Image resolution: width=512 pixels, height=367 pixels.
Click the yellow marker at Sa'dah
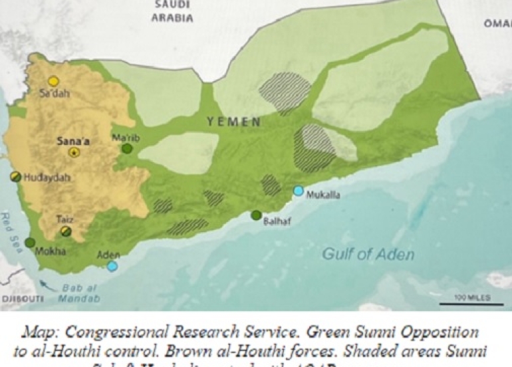[x=53, y=81]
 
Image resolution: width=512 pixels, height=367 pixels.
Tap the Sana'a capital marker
[x=74, y=152]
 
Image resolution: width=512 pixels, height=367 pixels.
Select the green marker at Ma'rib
[x=127, y=148]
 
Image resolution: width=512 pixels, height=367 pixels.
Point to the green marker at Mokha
[x=30, y=243]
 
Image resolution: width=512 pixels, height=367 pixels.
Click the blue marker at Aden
[x=112, y=266]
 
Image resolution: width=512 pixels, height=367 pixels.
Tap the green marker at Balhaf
[x=256, y=215]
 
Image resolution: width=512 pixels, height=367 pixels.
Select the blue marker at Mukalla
[x=299, y=191]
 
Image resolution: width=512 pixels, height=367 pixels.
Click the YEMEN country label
[x=233, y=122]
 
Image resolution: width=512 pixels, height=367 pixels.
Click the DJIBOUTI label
[x=21, y=299]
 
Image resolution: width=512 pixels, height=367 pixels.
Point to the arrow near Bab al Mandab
[x=46, y=287]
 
